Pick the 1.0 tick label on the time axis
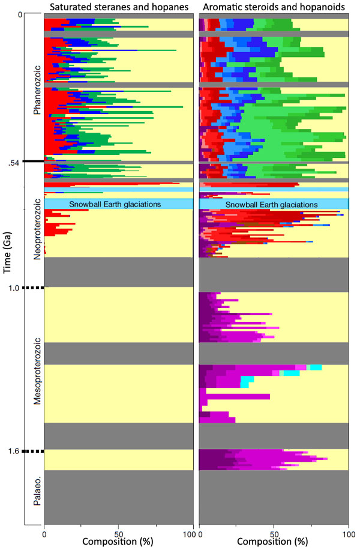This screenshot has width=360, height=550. (x=13, y=288)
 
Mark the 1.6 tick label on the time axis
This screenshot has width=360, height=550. (x=13, y=451)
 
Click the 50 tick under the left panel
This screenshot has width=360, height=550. (x=118, y=533)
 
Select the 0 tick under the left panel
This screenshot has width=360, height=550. (x=44, y=533)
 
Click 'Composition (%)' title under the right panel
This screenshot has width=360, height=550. (x=274, y=543)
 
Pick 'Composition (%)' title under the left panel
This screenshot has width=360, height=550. (x=118, y=543)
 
